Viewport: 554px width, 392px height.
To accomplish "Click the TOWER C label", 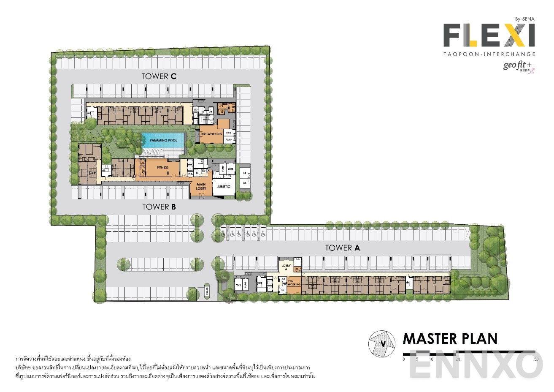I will click(159, 76).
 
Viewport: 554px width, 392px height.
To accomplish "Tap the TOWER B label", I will click(159, 207).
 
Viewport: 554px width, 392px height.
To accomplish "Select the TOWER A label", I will click(342, 248).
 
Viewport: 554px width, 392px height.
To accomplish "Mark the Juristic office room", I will click(223, 186).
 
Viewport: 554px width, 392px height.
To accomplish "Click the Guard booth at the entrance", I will click(207, 291).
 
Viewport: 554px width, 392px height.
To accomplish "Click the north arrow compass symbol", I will click(382, 343).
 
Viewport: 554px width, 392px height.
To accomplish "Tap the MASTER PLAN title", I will click(450, 339).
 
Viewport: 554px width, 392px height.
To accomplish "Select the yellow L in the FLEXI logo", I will click(472, 35).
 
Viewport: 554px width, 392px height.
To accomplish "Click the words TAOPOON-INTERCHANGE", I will click(489, 54).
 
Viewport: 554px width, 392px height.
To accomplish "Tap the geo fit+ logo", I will click(517, 66).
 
